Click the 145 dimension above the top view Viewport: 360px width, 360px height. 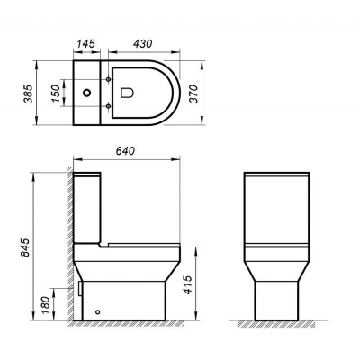(x=87, y=42)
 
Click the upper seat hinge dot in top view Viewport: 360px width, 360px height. (x=109, y=79)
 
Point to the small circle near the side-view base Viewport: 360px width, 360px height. (x=98, y=310)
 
